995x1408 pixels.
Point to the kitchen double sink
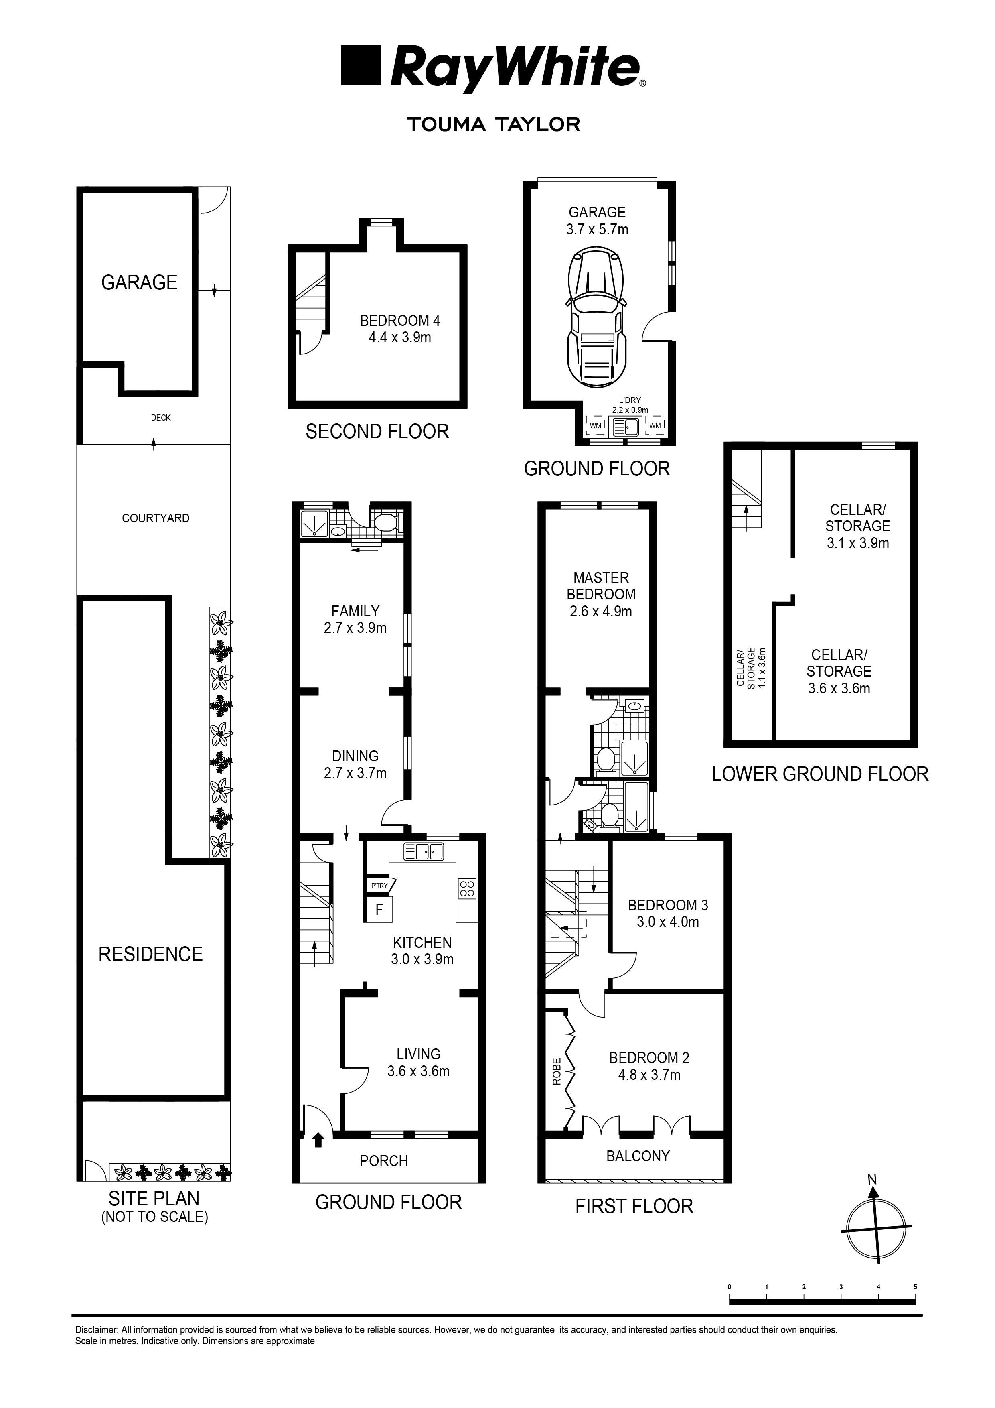[424, 852]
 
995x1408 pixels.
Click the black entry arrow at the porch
[318, 1140]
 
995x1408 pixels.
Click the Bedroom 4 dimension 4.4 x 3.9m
[400, 337]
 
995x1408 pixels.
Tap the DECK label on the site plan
[161, 418]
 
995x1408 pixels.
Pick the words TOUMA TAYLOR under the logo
[494, 124]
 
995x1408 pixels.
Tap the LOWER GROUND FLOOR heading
[820, 774]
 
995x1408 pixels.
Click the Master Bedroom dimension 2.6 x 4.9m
[601, 612]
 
